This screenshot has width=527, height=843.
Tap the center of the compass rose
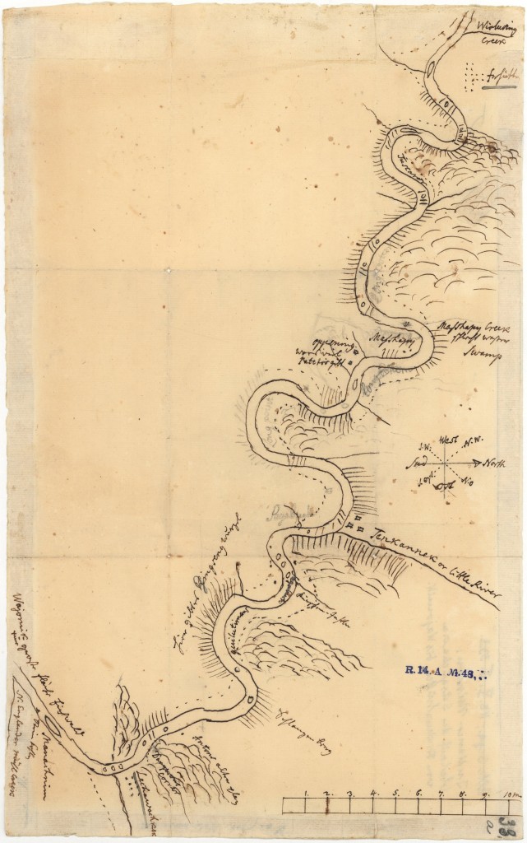pos(446,462)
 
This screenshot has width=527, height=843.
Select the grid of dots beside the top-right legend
pos(472,77)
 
